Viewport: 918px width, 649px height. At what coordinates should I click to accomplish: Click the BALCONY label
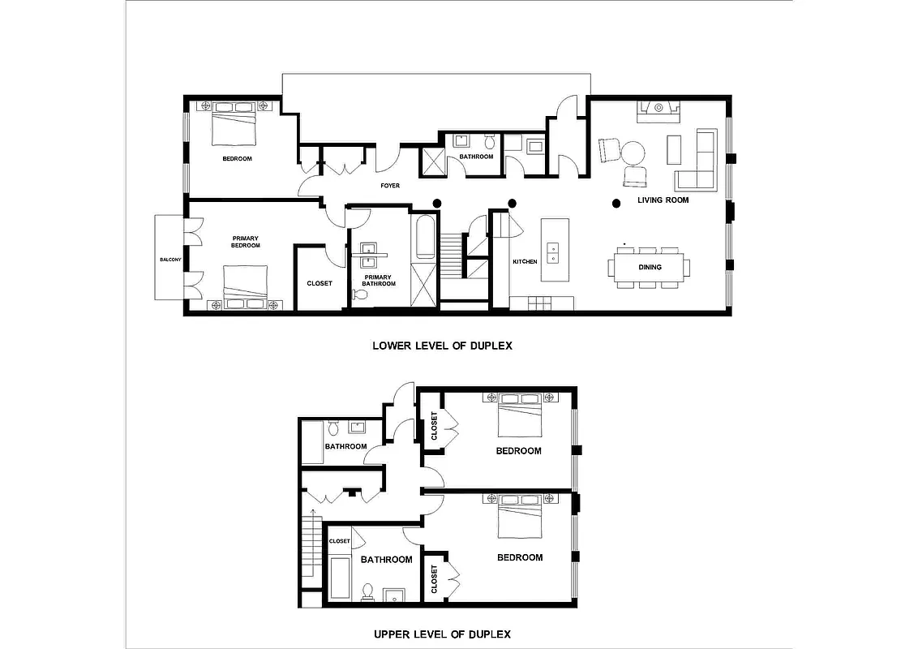pyautogui.click(x=169, y=260)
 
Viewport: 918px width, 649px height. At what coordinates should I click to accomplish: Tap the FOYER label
pyautogui.click(x=390, y=186)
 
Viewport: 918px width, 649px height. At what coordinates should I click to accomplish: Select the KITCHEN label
pyautogui.click(x=525, y=262)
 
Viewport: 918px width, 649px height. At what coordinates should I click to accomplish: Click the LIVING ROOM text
pyautogui.click(x=663, y=200)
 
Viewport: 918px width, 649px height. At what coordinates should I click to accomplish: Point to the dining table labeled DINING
pyautogui.click(x=649, y=267)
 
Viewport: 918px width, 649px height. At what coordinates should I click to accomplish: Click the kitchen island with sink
pyautogui.click(x=555, y=250)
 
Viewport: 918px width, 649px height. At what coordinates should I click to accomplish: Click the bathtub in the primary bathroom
pyautogui.click(x=425, y=237)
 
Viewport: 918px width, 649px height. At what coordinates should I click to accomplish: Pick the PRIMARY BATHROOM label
pyautogui.click(x=378, y=280)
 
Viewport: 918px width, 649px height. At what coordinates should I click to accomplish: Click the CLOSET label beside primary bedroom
pyautogui.click(x=319, y=284)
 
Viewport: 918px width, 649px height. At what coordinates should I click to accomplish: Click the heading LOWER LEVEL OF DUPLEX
pyautogui.click(x=442, y=346)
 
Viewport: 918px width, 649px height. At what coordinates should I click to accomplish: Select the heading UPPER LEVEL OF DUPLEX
pyautogui.click(x=442, y=634)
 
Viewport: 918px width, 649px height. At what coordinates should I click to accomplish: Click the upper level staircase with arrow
pyautogui.click(x=311, y=552)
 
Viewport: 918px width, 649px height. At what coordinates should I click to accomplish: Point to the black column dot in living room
pyautogui.click(x=616, y=203)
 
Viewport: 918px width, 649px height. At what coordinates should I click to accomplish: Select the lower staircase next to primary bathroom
pyautogui.click(x=451, y=251)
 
